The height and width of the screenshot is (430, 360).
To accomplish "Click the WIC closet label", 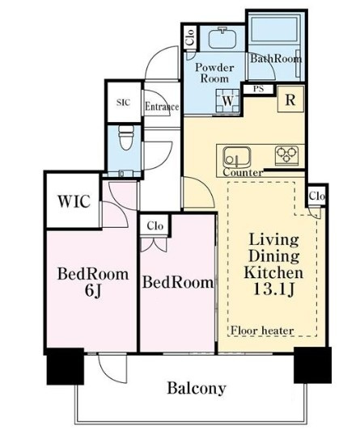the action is pyautogui.click(x=74, y=201).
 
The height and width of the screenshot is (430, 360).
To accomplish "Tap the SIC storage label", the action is pyautogui.click(x=123, y=103).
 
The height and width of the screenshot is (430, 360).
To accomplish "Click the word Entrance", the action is pyautogui.click(x=162, y=107).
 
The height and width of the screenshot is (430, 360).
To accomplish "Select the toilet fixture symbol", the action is pyautogui.click(x=126, y=137).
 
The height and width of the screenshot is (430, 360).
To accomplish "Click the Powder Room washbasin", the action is pyautogui.click(x=222, y=38).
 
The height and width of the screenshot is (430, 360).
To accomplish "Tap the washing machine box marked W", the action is pyautogui.click(x=227, y=101).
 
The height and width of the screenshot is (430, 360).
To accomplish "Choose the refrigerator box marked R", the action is pyautogui.click(x=290, y=99).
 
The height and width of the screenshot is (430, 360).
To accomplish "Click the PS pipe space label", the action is pyautogui.click(x=258, y=89).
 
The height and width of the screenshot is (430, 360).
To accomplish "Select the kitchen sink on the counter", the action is pyautogui.click(x=237, y=157).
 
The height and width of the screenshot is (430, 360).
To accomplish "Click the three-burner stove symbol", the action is pyautogui.click(x=286, y=155).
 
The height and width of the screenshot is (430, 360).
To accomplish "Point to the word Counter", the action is pyautogui.click(x=243, y=172).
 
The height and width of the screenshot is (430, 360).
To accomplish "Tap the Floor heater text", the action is pyautogui.click(x=262, y=331).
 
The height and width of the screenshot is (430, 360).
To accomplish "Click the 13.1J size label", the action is pyautogui.click(x=273, y=289).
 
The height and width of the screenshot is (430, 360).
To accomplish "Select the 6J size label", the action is pyautogui.click(x=93, y=290).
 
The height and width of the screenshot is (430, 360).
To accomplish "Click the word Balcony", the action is pyautogui.click(x=197, y=388).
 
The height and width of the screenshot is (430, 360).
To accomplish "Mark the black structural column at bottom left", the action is pyautogui.click(x=65, y=366).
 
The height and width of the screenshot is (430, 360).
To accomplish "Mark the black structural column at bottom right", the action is pyautogui.click(x=312, y=365).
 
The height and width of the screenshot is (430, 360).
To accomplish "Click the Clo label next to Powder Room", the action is pyautogui.click(x=190, y=37).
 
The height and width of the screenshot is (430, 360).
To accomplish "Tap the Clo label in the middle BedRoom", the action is pyautogui.click(x=155, y=226).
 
